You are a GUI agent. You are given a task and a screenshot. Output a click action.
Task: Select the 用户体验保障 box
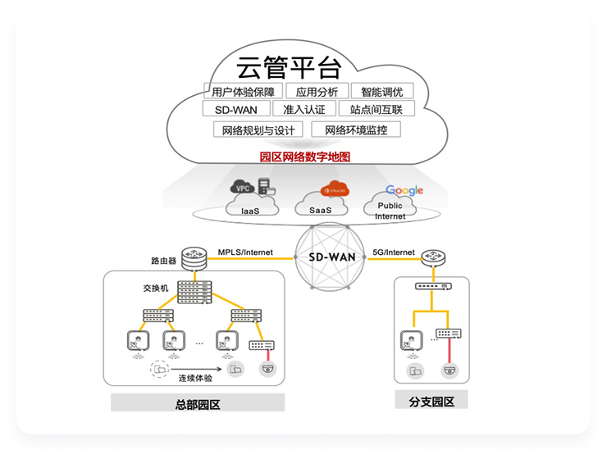coord(243,91)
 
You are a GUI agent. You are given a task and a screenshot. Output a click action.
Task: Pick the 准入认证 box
coord(304,109)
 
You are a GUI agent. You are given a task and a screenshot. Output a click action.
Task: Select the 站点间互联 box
coord(377,109)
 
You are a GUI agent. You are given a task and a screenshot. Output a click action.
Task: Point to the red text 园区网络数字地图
coord(304,156)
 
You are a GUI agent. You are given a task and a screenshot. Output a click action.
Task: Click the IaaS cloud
coord(251,201)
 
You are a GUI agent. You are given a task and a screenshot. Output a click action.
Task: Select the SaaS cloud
coord(322,202)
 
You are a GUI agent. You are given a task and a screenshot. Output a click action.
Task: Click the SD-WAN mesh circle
coord(331,257)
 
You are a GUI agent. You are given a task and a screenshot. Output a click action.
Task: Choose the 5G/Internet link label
coord(394,252)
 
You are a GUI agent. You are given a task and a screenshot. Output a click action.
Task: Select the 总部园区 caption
coord(198,402)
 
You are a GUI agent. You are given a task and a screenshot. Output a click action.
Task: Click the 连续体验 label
coord(195,378)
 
